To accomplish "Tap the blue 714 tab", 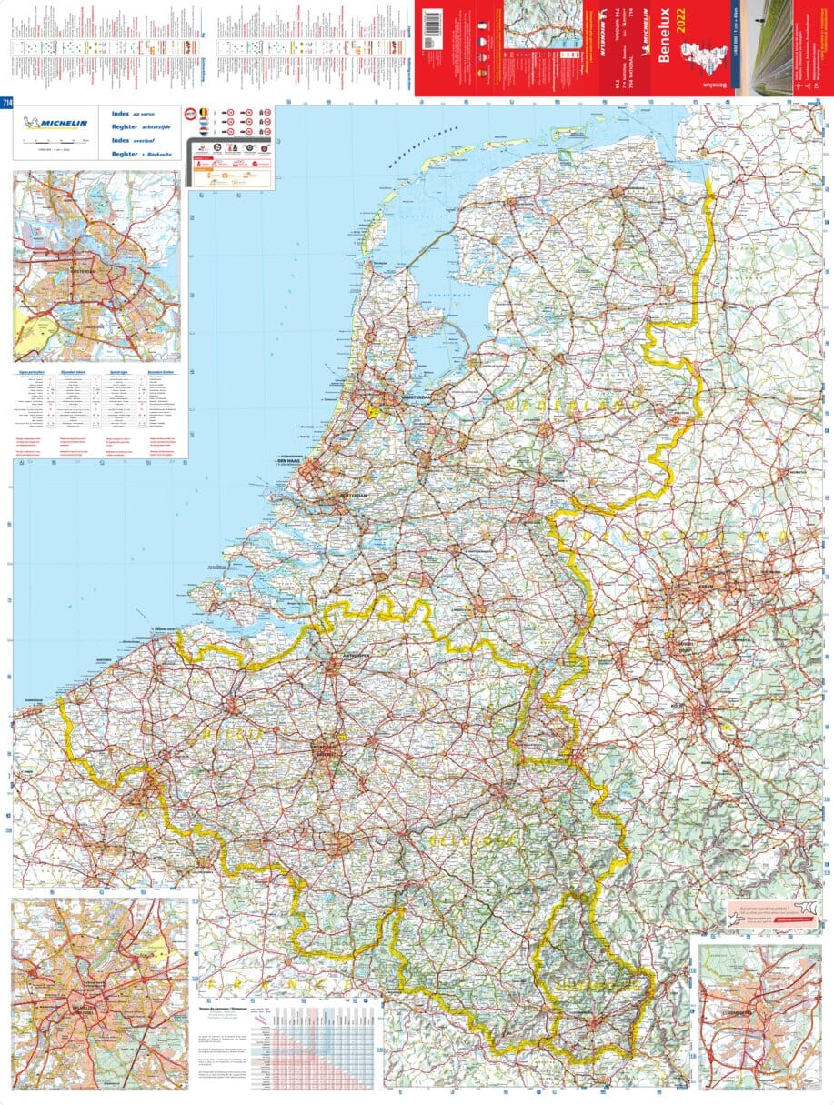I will (x=6, y=102).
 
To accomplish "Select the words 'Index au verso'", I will (x=131, y=113).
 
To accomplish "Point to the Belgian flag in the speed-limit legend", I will (x=204, y=113).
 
